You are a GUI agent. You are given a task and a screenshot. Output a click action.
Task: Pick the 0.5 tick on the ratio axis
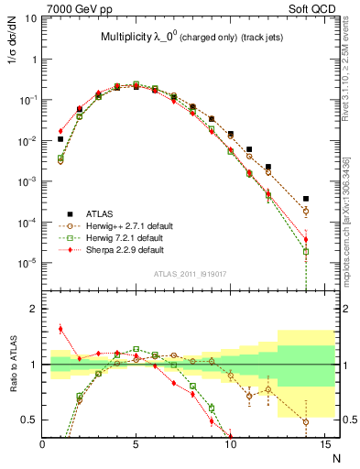tap(30, 420)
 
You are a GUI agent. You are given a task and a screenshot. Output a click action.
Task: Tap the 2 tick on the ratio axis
tap(34, 309)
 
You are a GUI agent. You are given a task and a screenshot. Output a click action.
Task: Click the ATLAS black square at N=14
tap(306, 199)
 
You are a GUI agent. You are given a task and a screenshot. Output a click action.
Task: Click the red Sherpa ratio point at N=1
tap(61, 329)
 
